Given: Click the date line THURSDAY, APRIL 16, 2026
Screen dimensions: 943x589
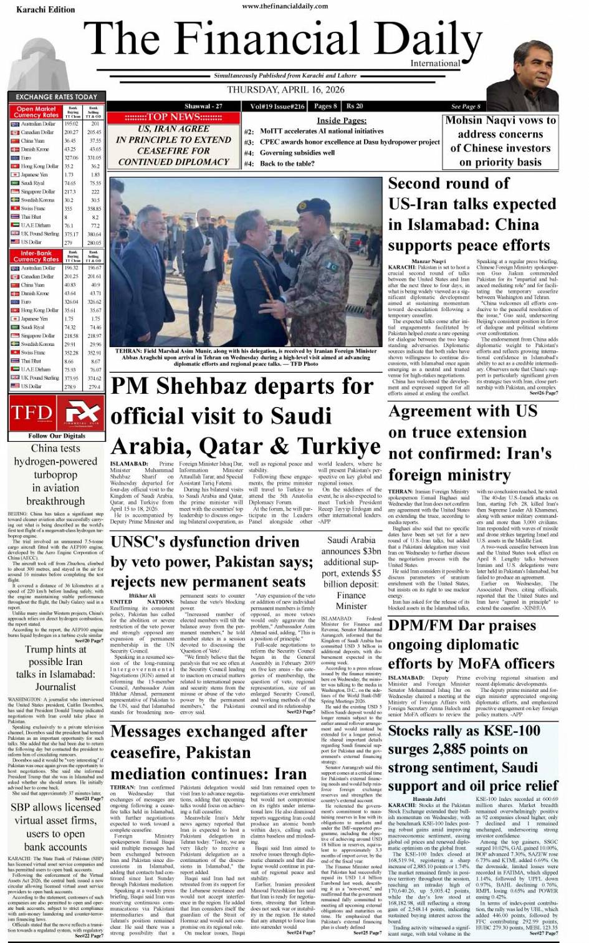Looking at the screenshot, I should click(x=286, y=89).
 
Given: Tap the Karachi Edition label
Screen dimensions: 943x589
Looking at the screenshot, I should click(x=37, y=9).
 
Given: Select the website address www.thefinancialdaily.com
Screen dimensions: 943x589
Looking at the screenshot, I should click(x=285, y=6).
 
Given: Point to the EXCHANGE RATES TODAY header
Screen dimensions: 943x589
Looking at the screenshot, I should click(x=56, y=97).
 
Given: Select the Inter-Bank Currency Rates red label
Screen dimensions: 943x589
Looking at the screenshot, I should click(x=36, y=256).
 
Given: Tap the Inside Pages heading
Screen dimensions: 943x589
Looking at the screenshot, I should click(x=342, y=120).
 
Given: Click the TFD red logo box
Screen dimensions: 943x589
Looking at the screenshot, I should click(x=31, y=413).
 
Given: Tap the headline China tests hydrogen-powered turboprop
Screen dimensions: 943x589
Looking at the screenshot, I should click(x=55, y=474).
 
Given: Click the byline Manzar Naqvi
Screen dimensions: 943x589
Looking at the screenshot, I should click(x=428, y=261).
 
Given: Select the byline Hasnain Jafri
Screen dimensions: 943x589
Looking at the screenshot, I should click(x=430, y=798).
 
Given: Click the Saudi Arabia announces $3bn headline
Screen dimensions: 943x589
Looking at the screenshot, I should click(x=352, y=573).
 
